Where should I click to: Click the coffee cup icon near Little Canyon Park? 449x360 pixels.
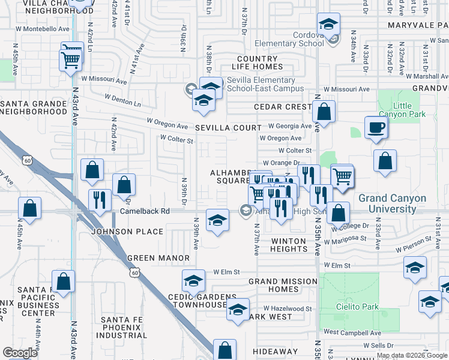(x=376, y=128)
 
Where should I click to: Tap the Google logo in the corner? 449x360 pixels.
(x=20, y=352)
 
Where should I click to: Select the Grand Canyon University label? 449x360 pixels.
(x=392, y=203)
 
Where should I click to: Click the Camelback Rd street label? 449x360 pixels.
(x=145, y=211)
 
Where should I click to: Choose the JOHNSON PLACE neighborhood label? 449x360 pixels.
(x=127, y=232)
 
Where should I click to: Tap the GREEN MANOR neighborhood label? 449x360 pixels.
(x=158, y=258)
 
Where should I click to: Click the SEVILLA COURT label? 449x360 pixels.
(x=228, y=128)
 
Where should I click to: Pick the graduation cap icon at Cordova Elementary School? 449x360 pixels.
(x=327, y=25)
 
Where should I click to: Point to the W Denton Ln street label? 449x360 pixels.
(x=122, y=100)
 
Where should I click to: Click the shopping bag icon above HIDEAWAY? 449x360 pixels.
(x=224, y=350)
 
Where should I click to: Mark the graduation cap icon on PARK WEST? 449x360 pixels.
(x=238, y=310)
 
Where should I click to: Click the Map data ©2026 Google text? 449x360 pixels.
(x=411, y=355)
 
